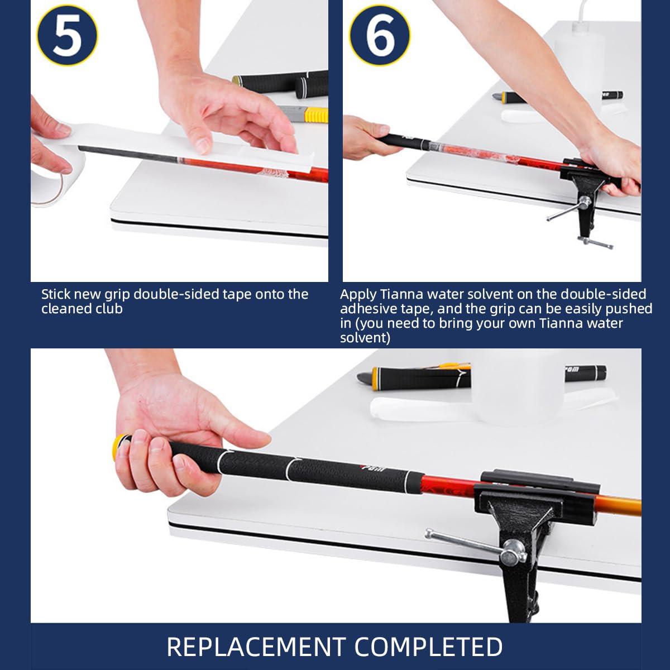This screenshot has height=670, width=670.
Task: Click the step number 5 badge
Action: [x=68, y=36]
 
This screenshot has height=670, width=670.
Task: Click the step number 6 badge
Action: [x=380, y=36]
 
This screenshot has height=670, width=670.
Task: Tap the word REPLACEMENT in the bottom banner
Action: [x=257, y=647]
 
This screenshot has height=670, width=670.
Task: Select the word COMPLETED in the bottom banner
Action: [x=428, y=647]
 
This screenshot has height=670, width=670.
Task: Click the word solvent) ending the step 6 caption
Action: [x=365, y=338]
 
